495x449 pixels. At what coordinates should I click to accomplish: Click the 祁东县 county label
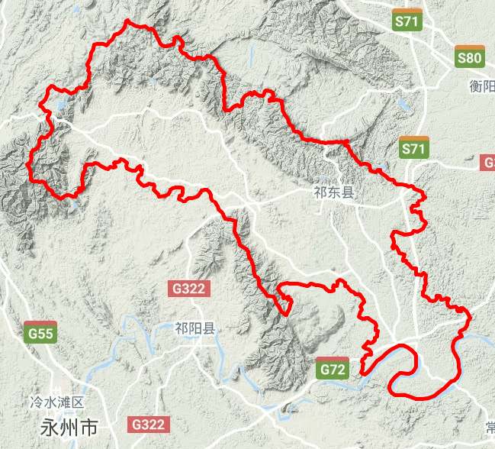pyautogui.click(x=334, y=192)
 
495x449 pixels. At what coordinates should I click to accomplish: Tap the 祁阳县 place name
pyautogui.click(x=195, y=328)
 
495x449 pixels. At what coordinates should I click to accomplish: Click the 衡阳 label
pyautogui.click(x=482, y=86)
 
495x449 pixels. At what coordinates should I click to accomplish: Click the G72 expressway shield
pyautogui.click(x=333, y=369)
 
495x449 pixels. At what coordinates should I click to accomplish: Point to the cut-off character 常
pyautogui.click(x=490, y=425)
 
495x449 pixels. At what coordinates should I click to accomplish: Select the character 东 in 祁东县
pyautogui.click(x=334, y=192)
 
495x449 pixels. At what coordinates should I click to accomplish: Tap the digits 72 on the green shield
pyautogui.click(x=338, y=370)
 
